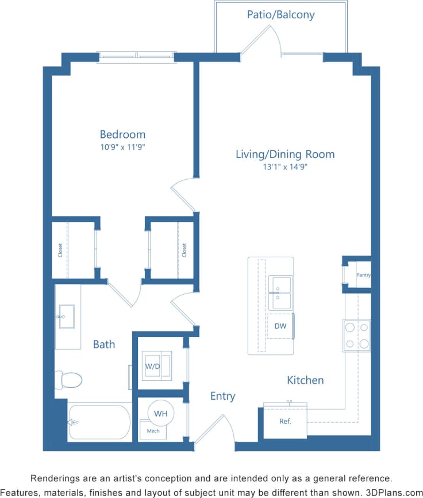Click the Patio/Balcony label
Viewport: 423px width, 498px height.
280,14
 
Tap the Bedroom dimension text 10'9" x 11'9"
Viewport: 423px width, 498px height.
122,147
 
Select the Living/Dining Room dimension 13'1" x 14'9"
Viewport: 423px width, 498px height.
285,167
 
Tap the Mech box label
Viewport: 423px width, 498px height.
153,430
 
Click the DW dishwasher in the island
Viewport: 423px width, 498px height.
280,326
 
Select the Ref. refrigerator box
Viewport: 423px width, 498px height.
285,421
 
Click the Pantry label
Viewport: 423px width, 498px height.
363,275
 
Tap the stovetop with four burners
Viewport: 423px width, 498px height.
356,335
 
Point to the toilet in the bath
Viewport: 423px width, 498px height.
68,379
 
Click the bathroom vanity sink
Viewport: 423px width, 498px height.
66,316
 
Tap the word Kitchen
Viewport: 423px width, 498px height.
305,380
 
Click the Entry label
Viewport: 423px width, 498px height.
222,396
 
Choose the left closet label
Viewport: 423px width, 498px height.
60,250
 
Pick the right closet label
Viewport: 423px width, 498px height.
184,250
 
